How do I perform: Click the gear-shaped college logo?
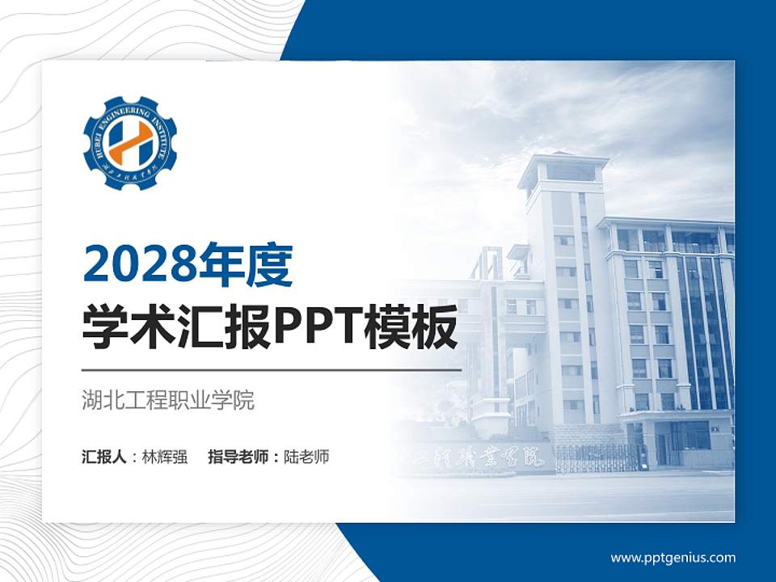(129, 143)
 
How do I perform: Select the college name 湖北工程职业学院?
(168, 400)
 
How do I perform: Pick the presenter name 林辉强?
(165, 457)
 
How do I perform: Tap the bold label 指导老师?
(239, 457)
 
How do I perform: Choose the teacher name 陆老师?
(307, 457)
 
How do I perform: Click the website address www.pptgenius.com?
(673, 558)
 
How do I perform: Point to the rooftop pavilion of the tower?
(563, 170)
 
